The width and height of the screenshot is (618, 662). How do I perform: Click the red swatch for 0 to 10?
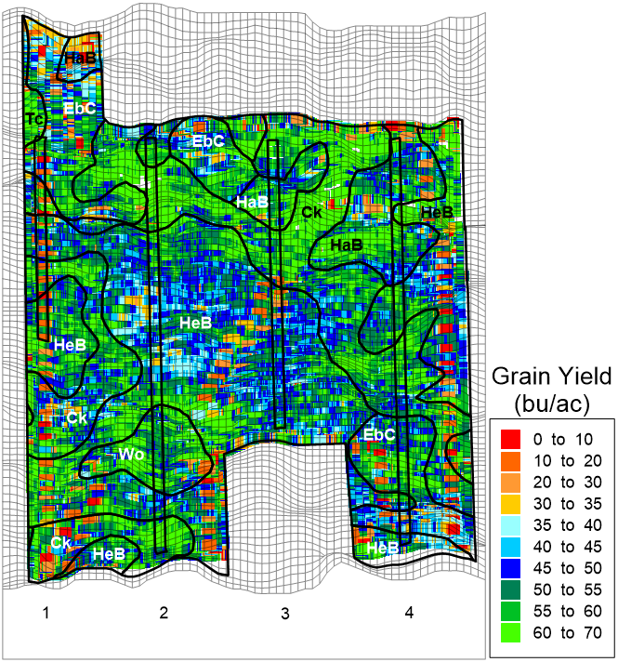click(x=509, y=438)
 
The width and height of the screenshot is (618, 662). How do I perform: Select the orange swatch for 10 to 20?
click(x=509, y=459)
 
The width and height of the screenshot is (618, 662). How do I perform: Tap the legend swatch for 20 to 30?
click(x=509, y=482)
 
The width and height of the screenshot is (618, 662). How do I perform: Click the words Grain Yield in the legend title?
click(x=551, y=377)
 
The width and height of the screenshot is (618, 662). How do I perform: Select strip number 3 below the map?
click(x=284, y=614)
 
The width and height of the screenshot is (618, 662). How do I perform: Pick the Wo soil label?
click(x=130, y=454)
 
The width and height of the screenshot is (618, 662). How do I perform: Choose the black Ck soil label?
click(x=312, y=212)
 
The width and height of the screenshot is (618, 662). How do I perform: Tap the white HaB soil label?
click(x=251, y=201)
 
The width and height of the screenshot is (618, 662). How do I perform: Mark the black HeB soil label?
click(x=437, y=212)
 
